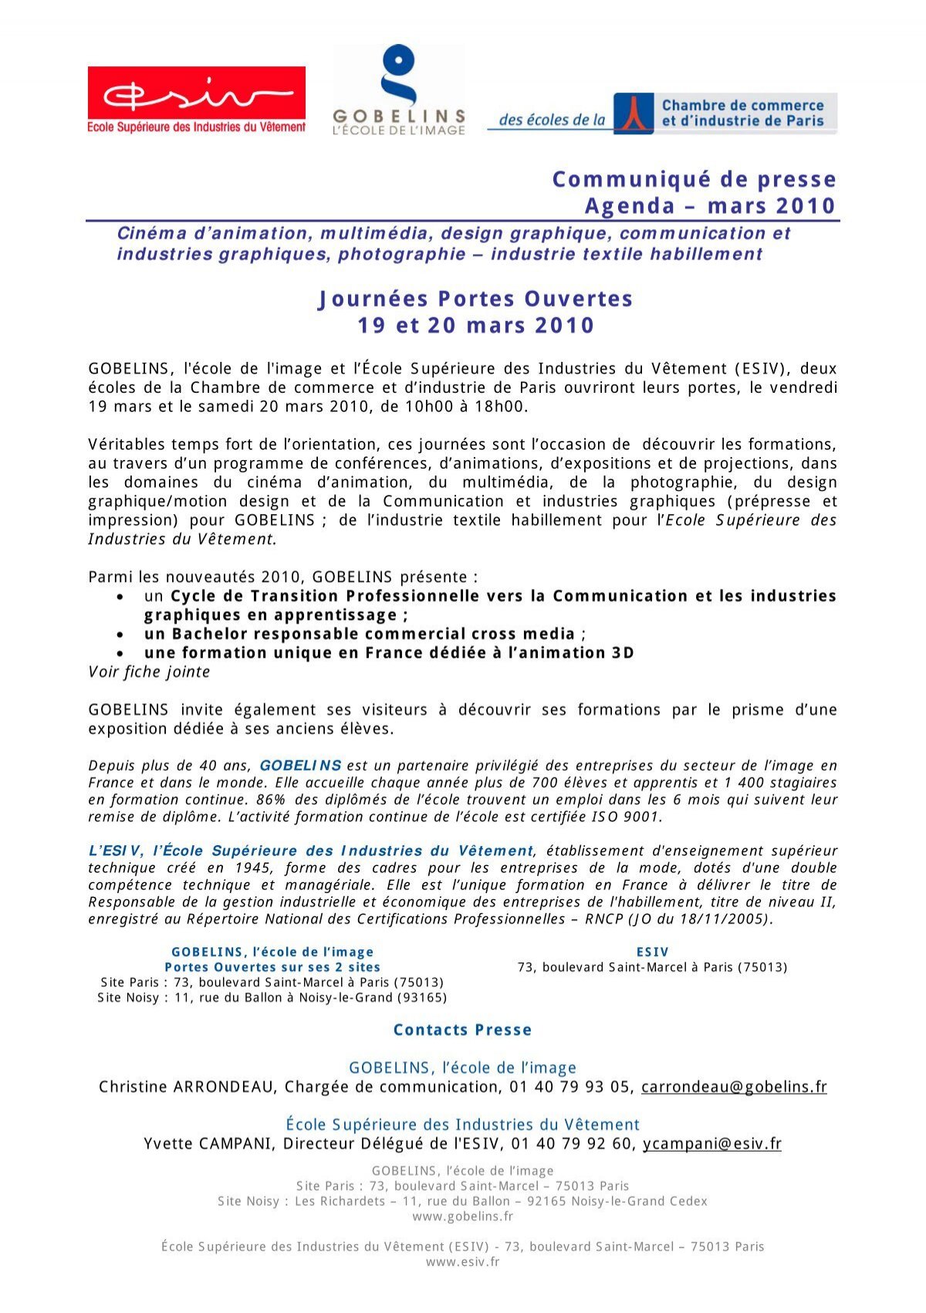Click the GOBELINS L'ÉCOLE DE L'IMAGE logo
(399, 91)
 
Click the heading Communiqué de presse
(694, 179)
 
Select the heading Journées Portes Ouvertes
(475, 299)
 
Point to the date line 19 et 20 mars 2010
(475, 325)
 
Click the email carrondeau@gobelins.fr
(734, 1087)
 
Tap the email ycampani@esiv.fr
(711, 1144)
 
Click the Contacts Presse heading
(462, 1030)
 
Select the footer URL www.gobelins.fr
(462, 1217)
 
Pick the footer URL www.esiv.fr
(462, 1262)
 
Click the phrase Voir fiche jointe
(149, 672)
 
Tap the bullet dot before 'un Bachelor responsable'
(120, 635)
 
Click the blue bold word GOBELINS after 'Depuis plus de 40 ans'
(300, 766)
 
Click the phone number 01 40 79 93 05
(569, 1087)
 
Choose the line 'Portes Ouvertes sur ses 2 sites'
(272, 967)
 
